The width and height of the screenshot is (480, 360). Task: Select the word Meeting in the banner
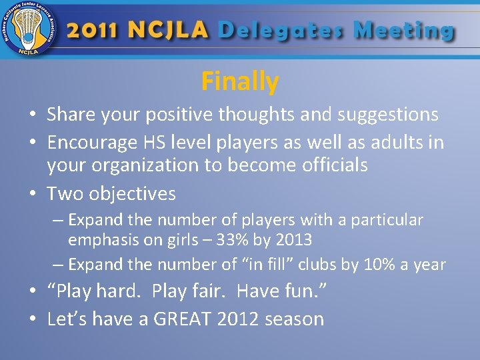404,31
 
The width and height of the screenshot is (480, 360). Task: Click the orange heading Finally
239,81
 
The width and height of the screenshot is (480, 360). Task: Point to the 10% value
381,265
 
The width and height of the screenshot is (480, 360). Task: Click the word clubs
317,265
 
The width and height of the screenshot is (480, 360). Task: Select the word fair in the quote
205,291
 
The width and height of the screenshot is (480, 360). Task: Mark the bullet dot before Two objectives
33,195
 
